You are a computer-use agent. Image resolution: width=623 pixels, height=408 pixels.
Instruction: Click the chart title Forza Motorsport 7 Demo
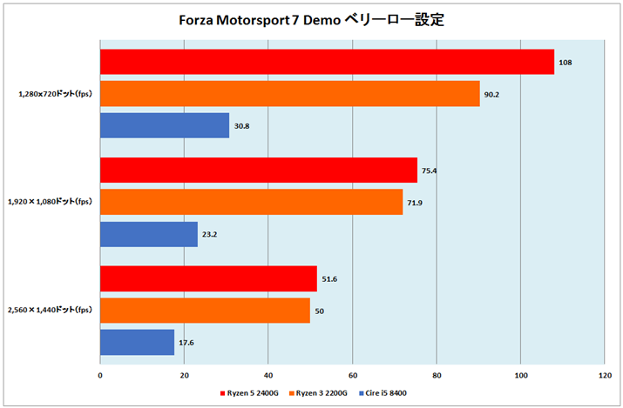[311, 19]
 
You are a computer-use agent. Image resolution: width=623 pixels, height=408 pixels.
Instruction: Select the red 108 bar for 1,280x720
[327, 62]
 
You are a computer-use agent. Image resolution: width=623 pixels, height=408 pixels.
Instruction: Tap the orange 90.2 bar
[289, 94]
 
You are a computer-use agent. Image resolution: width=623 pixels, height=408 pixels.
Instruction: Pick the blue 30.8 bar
[165, 126]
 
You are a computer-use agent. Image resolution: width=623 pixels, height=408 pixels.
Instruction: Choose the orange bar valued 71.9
[251, 202]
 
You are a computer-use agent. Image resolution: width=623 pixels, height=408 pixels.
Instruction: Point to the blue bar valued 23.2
[149, 235]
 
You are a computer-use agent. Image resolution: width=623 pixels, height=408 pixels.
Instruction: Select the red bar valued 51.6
[208, 278]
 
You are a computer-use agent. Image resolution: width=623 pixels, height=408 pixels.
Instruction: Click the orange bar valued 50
[205, 310]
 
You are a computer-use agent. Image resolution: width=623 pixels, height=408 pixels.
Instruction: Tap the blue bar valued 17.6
[137, 342]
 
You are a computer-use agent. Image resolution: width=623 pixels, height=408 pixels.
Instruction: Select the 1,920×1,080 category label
[51, 202]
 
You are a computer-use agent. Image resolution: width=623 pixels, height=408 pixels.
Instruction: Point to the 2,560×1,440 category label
[51, 310]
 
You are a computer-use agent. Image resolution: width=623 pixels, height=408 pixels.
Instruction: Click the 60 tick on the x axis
[352, 376]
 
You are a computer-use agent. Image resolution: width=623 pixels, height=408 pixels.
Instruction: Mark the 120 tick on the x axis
[604, 376]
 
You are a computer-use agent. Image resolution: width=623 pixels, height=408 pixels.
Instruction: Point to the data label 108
[565, 63]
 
